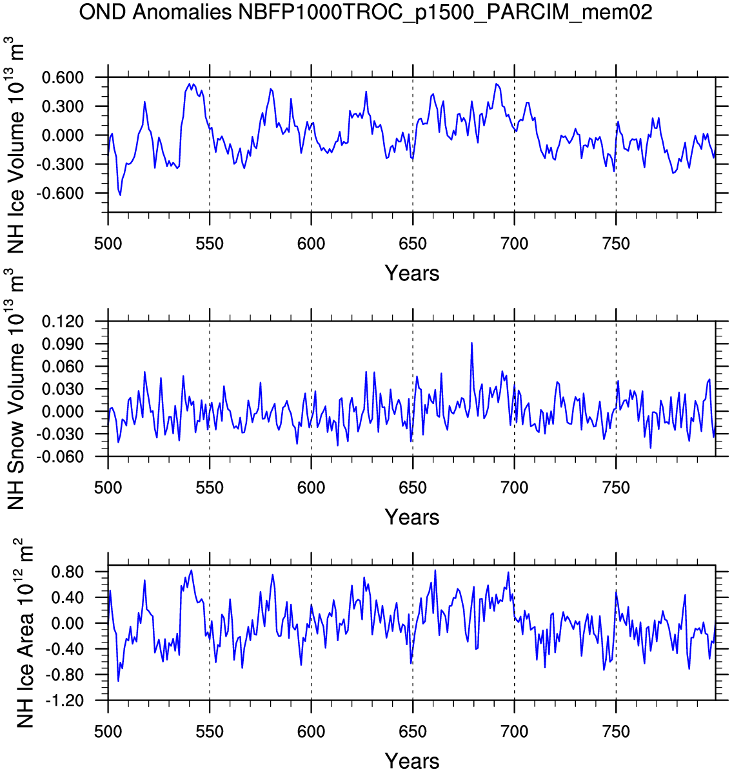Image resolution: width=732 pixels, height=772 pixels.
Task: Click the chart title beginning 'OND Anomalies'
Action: [x=366, y=12]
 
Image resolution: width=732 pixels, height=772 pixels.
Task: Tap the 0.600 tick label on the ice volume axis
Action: [x=63, y=78]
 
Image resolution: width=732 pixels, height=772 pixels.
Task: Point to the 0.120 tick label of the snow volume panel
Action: [x=63, y=322]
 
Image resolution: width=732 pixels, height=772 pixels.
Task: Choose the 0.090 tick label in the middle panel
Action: [x=63, y=344]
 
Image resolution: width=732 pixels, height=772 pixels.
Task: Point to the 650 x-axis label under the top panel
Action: [x=413, y=244]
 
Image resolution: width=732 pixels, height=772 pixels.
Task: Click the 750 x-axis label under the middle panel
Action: [x=616, y=488]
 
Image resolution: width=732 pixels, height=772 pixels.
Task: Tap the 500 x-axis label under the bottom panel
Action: [x=108, y=732]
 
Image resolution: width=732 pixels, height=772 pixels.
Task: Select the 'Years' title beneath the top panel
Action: [x=412, y=273]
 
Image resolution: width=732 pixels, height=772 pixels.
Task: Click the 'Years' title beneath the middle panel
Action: [x=412, y=517]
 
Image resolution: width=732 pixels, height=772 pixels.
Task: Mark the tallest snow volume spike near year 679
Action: [x=471, y=343]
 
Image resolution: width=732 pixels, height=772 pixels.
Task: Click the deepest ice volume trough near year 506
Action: [x=121, y=195]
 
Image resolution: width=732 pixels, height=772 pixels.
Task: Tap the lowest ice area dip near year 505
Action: [x=118, y=680]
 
